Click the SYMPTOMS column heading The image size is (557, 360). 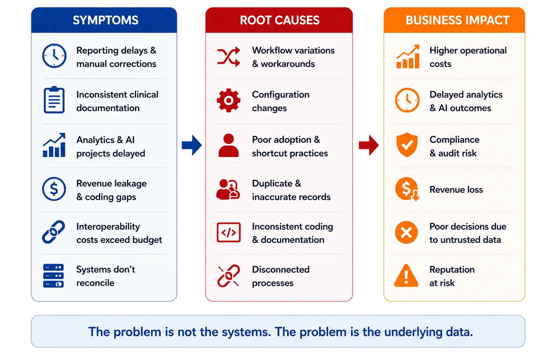coord(105,20)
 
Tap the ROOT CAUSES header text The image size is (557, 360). coord(280,20)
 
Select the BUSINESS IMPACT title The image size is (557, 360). coord(457,20)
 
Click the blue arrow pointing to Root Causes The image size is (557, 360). coord(192,145)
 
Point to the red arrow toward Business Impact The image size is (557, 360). coord(369,145)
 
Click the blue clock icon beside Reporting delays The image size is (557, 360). coord(54,56)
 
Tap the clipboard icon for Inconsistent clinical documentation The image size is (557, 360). coord(54,100)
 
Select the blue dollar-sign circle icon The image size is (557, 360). coord(54,189)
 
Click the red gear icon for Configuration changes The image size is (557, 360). coord(229,100)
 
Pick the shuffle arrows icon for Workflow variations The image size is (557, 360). coord(229,57)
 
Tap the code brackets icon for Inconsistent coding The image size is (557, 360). coord(229,232)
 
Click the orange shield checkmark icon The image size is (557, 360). coord(407,145)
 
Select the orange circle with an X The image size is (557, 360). coord(406,232)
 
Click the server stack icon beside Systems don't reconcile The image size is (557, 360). coord(54,276)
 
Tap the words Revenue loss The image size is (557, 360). coord(456,190)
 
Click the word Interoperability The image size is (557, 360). coord(108,227)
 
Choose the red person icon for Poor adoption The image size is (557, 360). coord(229,145)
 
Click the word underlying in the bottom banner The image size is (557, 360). coord(413,332)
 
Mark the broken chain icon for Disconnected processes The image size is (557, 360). coord(229,276)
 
